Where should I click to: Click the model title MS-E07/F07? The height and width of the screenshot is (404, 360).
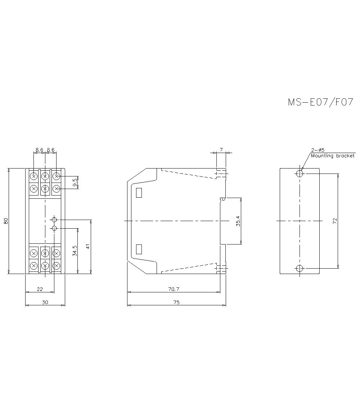(x=320, y=102)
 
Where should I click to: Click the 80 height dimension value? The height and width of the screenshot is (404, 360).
(x=6, y=221)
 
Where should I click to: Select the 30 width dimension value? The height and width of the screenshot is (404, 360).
(x=45, y=302)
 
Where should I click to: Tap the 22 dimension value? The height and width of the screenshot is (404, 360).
(x=40, y=289)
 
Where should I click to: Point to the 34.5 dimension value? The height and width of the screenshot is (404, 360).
(x=75, y=251)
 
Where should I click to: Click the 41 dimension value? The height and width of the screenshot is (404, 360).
(x=88, y=247)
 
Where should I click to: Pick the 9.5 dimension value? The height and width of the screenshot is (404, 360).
(x=75, y=182)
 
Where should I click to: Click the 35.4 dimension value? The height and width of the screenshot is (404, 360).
(x=238, y=221)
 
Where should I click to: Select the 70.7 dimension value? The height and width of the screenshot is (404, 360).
(x=174, y=289)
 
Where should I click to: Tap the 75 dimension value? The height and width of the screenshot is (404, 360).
(x=176, y=302)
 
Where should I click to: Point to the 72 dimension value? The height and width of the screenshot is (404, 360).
(x=334, y=221)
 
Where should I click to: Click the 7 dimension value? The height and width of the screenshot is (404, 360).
(x=221, y=149)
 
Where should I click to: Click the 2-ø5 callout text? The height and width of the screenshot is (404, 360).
(x=318, y=150)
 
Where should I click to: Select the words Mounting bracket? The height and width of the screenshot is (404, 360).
(x=333, y=156)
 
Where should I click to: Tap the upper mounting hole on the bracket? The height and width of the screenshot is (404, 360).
(x=300, y=174)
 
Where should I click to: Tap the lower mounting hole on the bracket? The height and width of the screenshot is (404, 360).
(x=300, y=268)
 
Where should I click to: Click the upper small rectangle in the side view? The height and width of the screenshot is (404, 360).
(x=139, y=193)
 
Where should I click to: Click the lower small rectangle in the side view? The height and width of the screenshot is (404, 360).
(x=139, y=249)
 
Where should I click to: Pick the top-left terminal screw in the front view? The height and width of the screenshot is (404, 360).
(x=33, y=176)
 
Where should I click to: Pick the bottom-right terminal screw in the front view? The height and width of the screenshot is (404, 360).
(x=56, y=265)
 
